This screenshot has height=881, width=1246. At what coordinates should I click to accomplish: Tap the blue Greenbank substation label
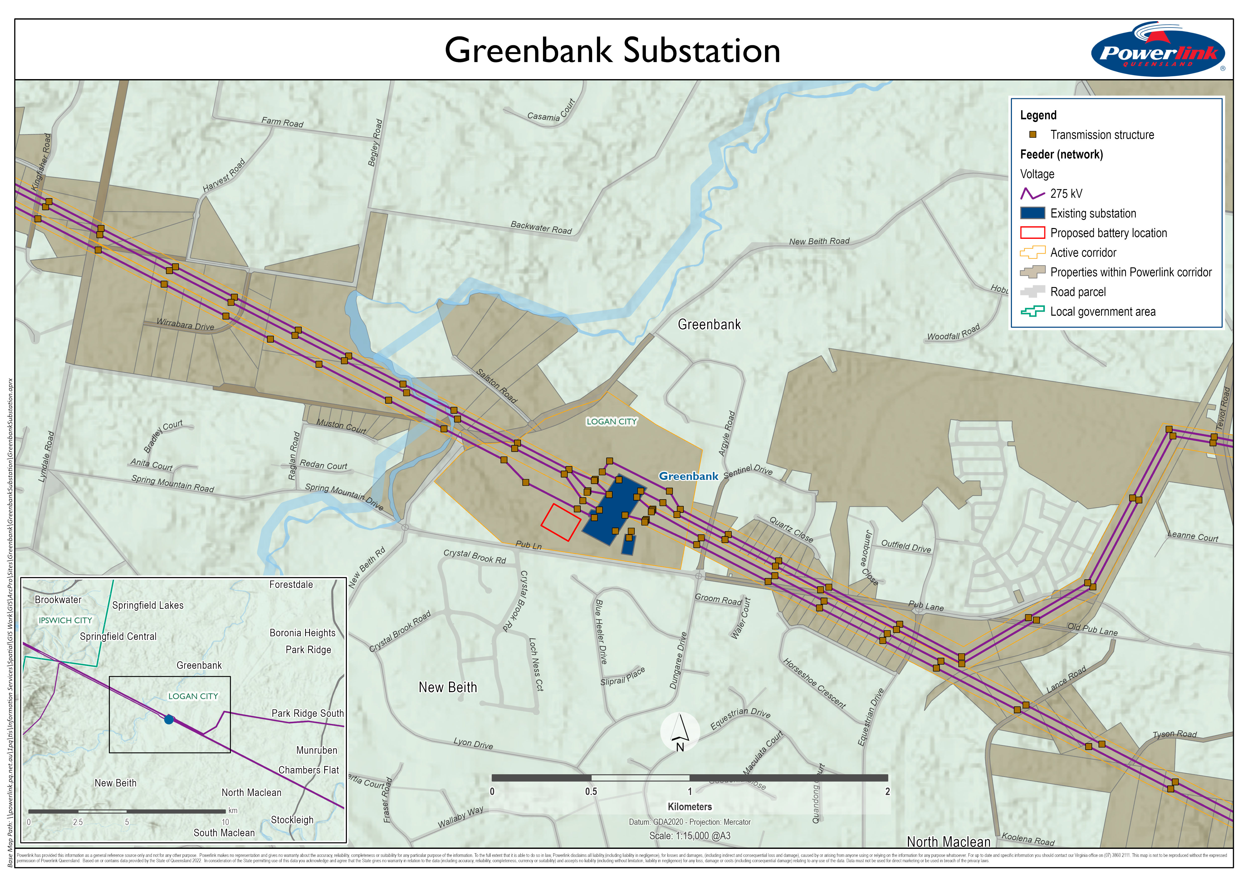[x=688, y=476]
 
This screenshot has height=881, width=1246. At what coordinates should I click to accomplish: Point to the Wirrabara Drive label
[x=185, y=324]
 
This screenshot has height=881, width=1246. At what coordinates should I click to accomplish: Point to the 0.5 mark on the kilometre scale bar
[x=591, y=792]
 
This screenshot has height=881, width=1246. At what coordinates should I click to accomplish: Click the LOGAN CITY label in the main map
[x=612, y=421]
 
